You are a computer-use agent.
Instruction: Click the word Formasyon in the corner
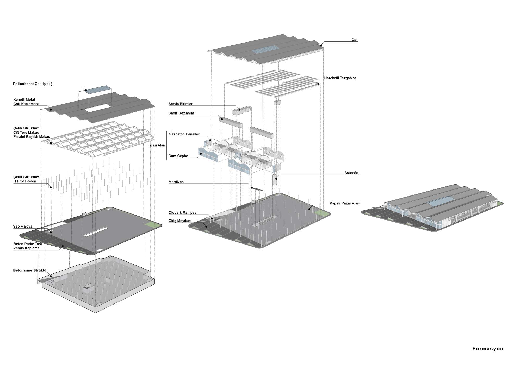coord(488,349)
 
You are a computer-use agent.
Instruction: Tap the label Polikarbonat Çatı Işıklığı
coord(33,84)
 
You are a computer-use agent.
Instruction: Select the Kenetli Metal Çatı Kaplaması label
coord(26,102)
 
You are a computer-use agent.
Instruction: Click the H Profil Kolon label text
coord(25,181)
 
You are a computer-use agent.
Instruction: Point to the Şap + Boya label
coord(23,226)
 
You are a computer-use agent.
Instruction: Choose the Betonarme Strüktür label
coord(30,270)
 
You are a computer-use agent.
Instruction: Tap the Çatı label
coord(355,40)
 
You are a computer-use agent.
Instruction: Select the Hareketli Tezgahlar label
coord(340,78)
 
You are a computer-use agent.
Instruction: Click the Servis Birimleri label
coord(181,104)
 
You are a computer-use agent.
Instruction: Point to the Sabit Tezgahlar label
coord(181,113)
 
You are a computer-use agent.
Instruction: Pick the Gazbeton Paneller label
coord(184,134)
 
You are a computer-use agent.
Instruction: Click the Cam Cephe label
coord(178,156)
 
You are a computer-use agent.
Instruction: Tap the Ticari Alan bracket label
coord(157,145)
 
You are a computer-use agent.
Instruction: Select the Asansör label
coord(351,173)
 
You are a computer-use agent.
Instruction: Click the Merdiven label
coord(176,182)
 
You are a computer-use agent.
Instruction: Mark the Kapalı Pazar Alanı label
coord(345,203)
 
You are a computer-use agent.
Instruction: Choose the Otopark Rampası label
coord(183,213)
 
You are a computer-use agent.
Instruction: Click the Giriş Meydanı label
coord(180,221)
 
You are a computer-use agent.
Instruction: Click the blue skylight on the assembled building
coord(442,201)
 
